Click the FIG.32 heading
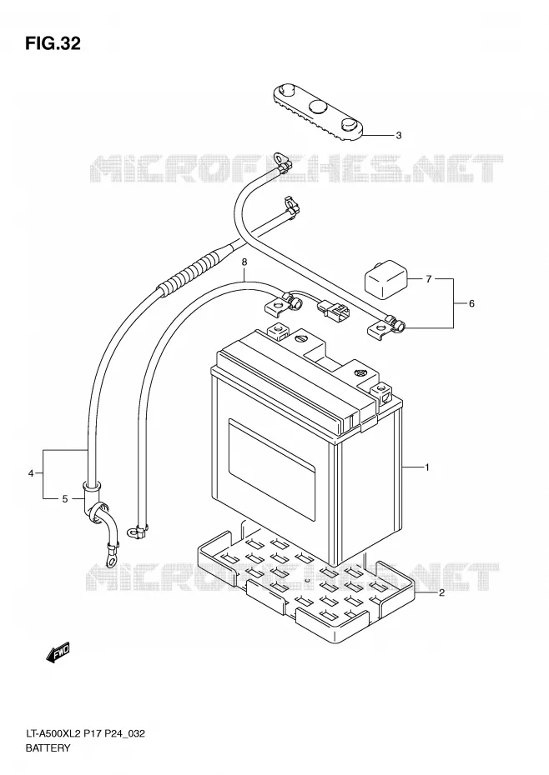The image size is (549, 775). click(53, 44)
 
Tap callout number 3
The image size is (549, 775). click(399, 136)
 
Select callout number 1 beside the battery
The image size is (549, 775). click(426, 467)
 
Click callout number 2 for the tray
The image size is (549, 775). click(441, 593)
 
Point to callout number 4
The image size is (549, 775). click(31, 473)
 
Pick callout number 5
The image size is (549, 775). click(65, 499)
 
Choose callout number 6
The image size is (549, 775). click(471, 303)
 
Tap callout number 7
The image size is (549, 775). click(429, 279)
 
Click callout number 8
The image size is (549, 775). click(244, 262)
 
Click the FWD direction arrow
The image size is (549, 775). click(58, 652)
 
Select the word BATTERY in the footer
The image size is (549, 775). click(48, 747)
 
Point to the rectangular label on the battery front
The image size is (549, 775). click(271, 468)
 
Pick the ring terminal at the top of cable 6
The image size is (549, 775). click(282, 161)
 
